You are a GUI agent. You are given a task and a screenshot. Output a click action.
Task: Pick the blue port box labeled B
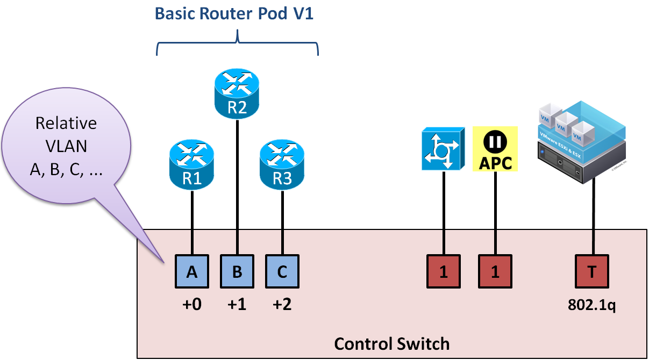237,272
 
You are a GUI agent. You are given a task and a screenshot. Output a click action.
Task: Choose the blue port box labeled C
282,272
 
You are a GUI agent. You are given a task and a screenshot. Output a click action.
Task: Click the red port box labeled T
592,272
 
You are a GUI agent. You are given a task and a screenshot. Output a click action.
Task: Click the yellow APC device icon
495,149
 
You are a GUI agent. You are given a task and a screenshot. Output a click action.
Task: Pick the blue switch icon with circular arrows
444,149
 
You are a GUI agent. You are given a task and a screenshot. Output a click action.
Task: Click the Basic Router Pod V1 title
234,14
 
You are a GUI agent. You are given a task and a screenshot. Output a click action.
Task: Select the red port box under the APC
495,272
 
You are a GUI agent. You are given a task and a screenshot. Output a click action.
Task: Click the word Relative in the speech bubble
66,124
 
